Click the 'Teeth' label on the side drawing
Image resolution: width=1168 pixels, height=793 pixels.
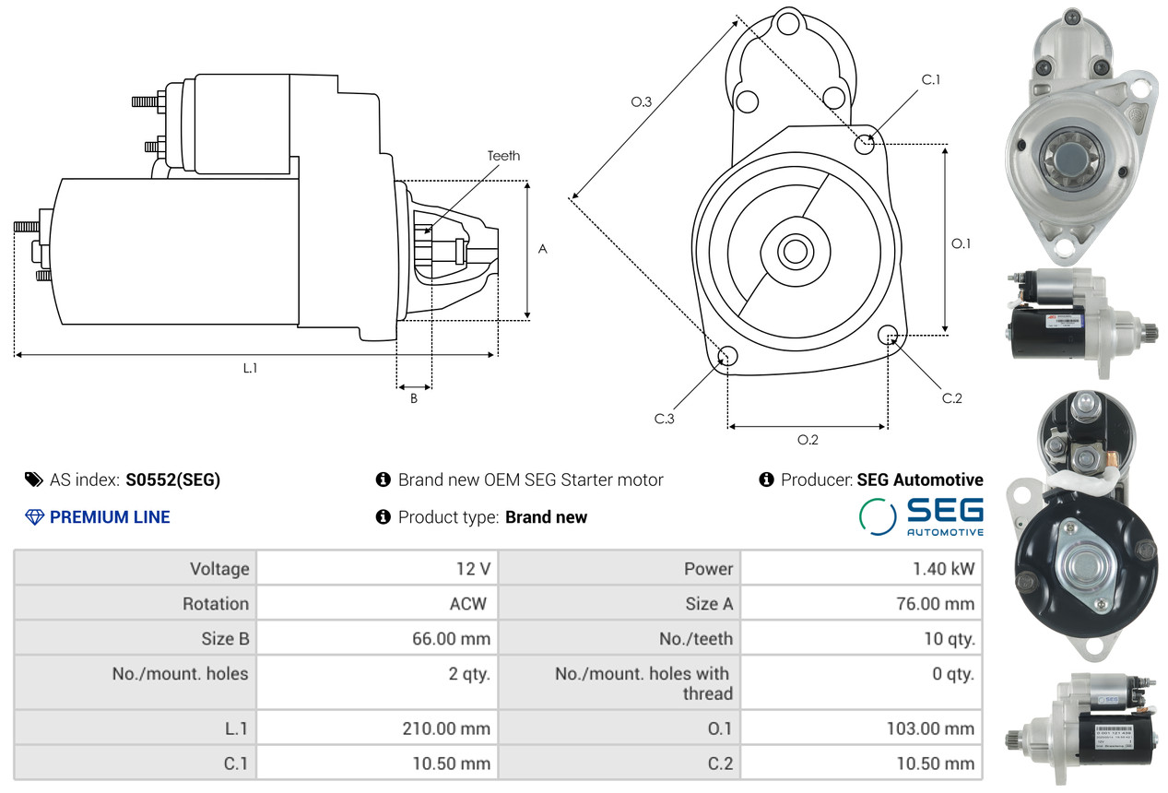[503, 156]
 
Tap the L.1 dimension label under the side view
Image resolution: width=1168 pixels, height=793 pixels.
[251, 368]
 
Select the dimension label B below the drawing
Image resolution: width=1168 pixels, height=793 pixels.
[414, 398]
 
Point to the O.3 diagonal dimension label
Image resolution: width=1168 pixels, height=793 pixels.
[641, 101]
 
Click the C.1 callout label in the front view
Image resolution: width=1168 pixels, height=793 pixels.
[931, 80]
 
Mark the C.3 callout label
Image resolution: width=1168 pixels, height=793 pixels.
[665, 419]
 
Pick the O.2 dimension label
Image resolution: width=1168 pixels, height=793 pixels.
[808, 441]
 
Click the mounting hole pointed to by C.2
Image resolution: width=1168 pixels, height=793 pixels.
[888, 336]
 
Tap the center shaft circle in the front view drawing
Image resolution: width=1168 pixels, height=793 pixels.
[796, 252]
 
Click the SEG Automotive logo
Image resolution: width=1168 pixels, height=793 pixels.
[921, 517]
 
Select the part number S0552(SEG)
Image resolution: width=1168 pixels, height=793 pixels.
[173, 480]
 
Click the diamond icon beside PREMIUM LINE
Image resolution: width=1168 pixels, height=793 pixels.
[34, 517]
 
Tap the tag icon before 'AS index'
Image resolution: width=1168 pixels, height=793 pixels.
[34, 479]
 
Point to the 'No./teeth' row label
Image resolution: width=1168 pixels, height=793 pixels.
[696, 639]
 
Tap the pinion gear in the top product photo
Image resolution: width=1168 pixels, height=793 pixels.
[1069, 156]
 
